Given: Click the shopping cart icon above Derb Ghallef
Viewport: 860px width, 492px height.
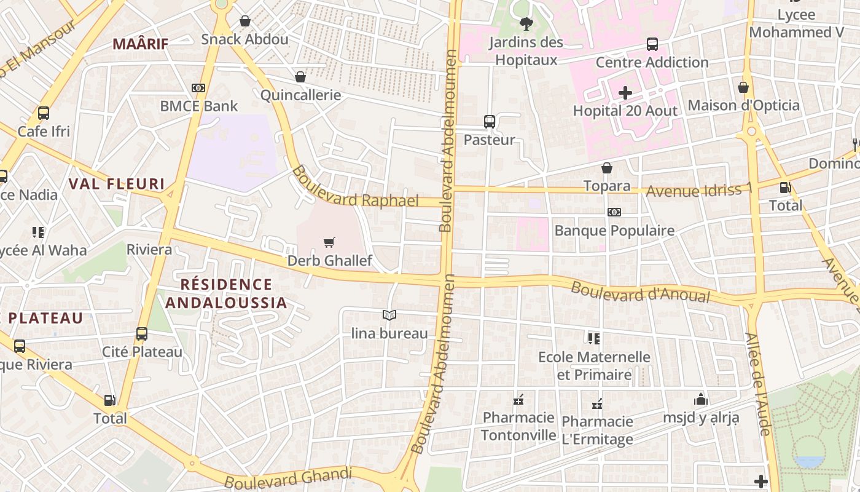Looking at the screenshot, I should point(329,243).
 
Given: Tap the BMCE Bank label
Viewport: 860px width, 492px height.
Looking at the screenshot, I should point(198,106).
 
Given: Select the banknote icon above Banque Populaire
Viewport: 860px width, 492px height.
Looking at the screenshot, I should point(614,212).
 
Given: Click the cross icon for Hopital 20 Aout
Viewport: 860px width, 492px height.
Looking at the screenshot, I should point(625,93).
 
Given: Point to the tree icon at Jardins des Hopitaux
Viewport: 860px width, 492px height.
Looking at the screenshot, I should point(526,24).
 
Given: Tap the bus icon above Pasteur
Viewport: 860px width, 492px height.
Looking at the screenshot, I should point(489,122).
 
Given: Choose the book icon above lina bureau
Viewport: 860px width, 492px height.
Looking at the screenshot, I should point(389,315).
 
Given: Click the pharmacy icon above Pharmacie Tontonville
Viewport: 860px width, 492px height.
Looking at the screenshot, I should point(518,400).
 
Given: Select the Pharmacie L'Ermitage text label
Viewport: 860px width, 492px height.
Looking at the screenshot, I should point(597,430).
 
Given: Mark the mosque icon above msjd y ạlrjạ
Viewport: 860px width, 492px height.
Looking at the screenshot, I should point(701,400).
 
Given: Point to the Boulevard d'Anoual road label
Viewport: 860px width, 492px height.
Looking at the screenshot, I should point(640,292).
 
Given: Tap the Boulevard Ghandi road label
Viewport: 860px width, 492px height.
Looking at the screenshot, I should point(288,478).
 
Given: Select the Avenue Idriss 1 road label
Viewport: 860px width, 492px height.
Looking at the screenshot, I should point(698,191).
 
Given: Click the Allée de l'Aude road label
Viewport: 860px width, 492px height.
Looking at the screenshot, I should point(757,384).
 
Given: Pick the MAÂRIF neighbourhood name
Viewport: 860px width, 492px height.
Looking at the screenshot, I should point(141,43).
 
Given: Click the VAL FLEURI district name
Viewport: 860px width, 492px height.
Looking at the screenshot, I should point(117,183).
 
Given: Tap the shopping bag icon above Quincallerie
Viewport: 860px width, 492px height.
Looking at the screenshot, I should point(300,77).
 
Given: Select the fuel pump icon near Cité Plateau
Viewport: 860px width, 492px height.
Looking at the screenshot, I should point(109,400).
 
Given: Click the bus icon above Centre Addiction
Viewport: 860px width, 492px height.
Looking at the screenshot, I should point(652,44).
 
